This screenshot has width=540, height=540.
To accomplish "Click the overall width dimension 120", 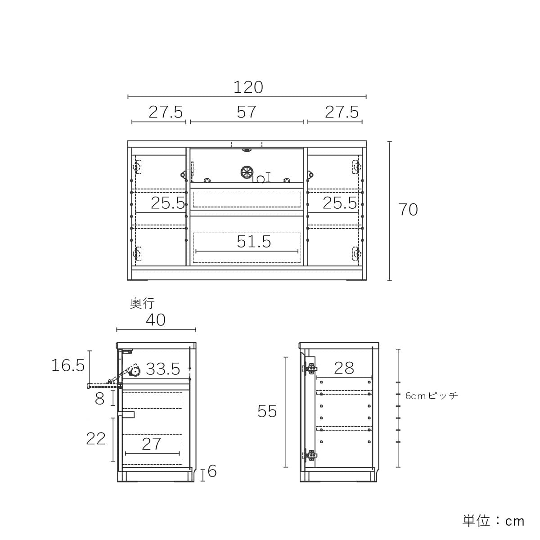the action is click(x=248, y=87).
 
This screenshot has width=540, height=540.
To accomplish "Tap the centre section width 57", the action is click(x=246, y=112).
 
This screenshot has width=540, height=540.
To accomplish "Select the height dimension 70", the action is click(x=408, y=210).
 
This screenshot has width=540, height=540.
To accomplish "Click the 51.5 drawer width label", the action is click(x=254, y=242).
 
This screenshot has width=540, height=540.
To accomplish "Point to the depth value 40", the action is click(x=156, y=320).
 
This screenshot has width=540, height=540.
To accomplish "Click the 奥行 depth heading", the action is click(x=142, y=303).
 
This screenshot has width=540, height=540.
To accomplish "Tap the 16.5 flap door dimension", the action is click(x=68, y=365).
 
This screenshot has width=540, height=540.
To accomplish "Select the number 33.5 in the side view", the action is click(x=163, y=369).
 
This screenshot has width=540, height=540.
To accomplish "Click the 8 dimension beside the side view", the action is click(x=99, y=399).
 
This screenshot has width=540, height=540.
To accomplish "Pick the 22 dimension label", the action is click(x=96, y=439).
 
